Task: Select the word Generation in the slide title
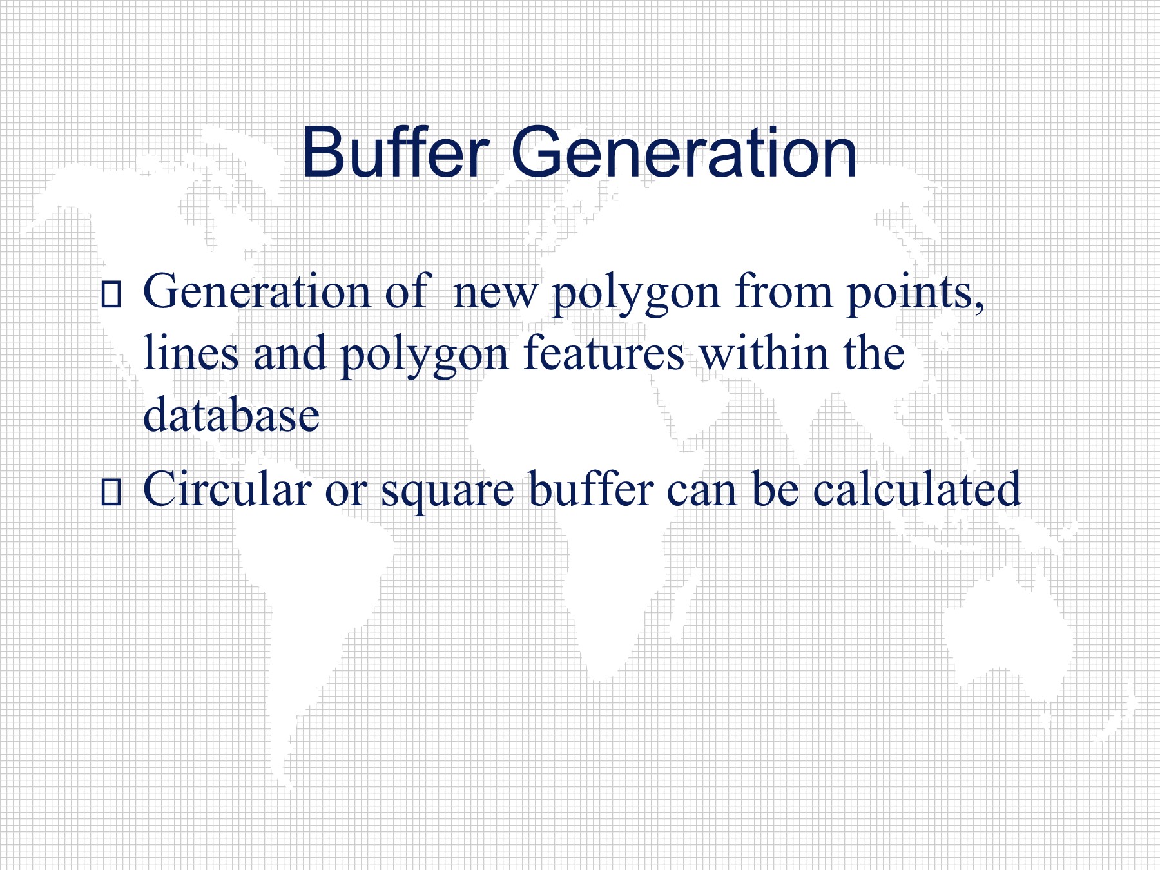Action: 684,153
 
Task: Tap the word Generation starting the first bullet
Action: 256,291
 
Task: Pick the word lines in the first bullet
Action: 191,353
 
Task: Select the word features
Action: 604,353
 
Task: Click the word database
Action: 231,414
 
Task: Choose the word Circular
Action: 227,488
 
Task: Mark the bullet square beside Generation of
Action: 111,293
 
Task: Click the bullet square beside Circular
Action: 111,490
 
